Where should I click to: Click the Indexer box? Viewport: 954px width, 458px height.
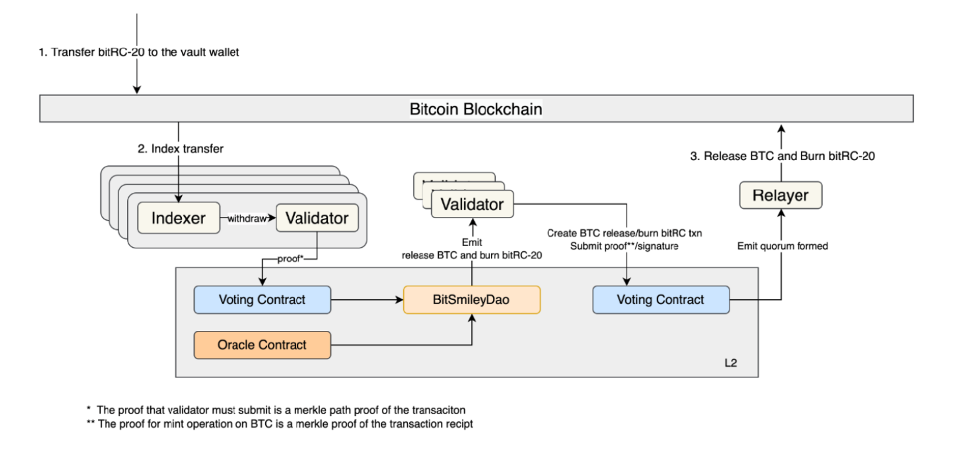(178, 218)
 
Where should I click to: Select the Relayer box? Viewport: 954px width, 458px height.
(780, 195)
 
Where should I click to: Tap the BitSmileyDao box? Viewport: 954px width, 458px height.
(471, 299)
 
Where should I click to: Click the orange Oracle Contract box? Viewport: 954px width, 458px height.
(262, 345)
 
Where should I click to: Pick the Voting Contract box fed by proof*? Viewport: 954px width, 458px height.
(262, 299)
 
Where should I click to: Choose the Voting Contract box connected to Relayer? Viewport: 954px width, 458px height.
(660, 299)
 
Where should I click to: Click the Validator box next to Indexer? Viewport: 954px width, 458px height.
(317, 218)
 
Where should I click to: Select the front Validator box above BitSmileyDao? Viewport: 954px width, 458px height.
(472, 204)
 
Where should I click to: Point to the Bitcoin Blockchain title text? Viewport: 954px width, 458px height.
(476, 109)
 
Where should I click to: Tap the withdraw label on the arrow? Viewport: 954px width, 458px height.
(247, 218)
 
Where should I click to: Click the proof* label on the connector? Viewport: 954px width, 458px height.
(290, 258)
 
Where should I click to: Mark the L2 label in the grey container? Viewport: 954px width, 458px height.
(730, 363)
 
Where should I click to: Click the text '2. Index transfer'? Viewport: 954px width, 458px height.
(180, 149)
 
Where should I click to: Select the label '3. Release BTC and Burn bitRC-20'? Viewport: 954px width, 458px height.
(782, 156)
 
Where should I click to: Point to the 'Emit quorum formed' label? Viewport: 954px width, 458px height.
(782, 246)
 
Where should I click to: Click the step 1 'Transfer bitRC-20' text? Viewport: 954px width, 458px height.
(138, 52)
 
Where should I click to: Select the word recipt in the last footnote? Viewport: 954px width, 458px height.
(457, 424)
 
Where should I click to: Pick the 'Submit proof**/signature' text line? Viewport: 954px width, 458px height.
(624, 246)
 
